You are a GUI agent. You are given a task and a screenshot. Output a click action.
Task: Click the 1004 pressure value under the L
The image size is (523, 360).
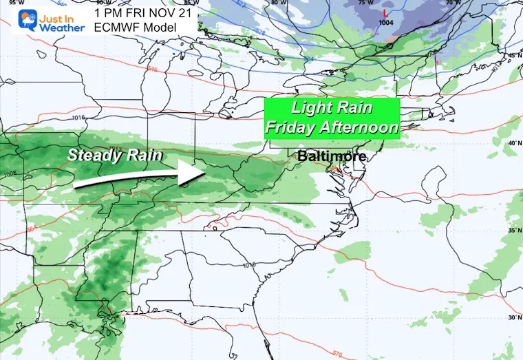click(x=386, y=23)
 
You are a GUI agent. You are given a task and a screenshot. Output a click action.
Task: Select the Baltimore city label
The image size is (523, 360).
click(x=331, y=157)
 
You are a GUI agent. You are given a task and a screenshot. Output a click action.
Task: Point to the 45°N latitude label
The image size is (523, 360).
click(x=513, y=56)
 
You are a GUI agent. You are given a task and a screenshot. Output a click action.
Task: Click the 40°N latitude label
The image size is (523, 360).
click(x=513, y=143)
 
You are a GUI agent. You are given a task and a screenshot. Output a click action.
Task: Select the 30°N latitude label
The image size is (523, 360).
click(x=513, y=317)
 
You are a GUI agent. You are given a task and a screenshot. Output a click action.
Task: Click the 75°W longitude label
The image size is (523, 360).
click(x=365, y=3)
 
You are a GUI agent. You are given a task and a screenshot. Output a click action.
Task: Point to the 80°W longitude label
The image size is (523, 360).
click(x=279, y=3)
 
